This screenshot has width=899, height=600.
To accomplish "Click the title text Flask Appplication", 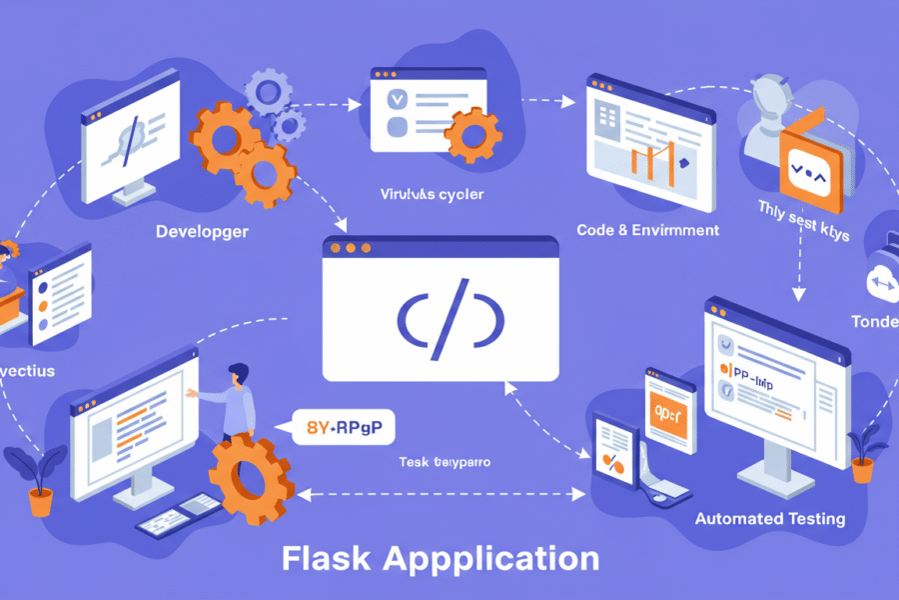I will (441, 556).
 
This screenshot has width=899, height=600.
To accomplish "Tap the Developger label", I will (203, 231).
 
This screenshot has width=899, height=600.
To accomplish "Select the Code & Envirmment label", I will (647, 230).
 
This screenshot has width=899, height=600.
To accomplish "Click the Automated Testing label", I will (770, 518).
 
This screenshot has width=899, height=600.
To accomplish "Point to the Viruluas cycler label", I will (432, 194).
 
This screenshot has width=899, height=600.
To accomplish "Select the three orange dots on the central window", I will (350, 246).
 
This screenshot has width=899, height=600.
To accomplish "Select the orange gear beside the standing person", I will (250, 477).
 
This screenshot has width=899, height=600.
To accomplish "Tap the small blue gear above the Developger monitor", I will (269, 94).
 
